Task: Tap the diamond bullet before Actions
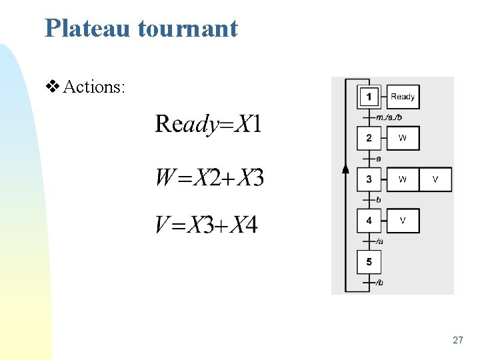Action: coord(53,87)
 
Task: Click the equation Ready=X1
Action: coord(208,124)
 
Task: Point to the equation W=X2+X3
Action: coord(209,178)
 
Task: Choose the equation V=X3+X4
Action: coord(206,225)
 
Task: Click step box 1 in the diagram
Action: coord(369,97)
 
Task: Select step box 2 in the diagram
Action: coord(369,139)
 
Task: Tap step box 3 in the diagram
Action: coord(369,179)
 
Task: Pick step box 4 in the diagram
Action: coord(369,221)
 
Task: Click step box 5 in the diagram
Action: coord(369,262)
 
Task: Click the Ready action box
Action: coord(403,97)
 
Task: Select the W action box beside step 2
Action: coord(403,139)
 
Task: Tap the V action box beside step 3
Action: coord(435,179)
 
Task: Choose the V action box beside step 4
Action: coord(403,221)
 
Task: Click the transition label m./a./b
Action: coord(389,118)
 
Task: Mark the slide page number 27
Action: coord(457,340)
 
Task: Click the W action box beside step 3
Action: coord(403,179)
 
